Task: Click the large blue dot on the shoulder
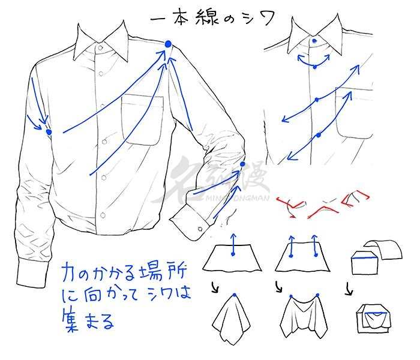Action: click(x=168, y=44)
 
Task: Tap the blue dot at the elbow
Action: click(x=242, y=164)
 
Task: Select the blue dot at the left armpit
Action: click(x=49, y=132)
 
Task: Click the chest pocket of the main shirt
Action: click(x=142, y=119)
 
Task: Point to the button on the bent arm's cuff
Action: click(x=200, y=229)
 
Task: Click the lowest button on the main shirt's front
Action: click(x=103, y=215)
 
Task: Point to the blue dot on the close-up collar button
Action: click(x=314, y=41)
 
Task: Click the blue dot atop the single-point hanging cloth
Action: click(x=235, y=295)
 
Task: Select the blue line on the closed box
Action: click(x=365, y=259)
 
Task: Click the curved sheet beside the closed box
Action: click(x=383, y=249)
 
